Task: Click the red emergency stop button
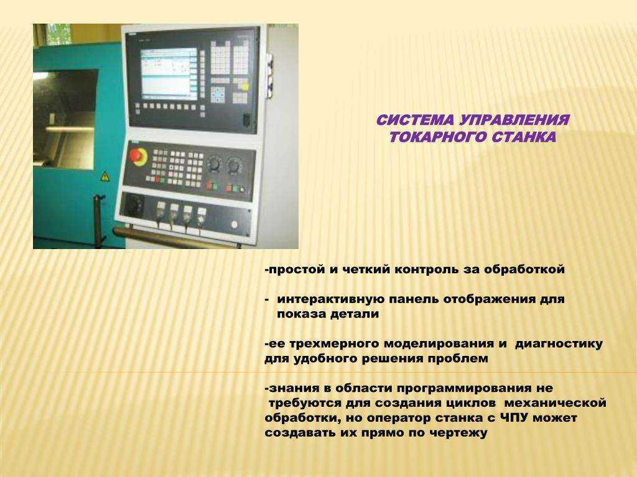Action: (x=139, y=156)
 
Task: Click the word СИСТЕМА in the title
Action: (x=415, y=120)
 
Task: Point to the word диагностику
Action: (x=559, y=344)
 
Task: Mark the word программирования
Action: (x=463, y=389)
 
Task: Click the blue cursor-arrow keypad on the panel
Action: (x=218, y=94)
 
